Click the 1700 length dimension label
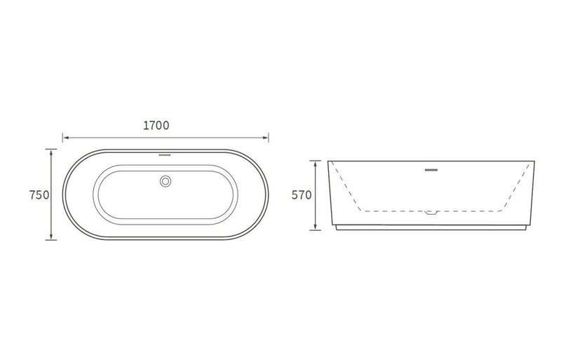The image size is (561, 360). point(156,126)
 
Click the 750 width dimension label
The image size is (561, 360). point(39,195)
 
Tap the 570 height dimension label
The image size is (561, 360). point(302,195)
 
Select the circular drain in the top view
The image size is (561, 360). point(165,181)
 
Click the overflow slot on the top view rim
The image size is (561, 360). point(165,155)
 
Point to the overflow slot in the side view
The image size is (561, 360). point(431,170)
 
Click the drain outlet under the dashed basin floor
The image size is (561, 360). point(431,213)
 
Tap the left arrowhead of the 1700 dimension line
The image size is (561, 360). point(66,138)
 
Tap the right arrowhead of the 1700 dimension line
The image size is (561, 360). point(265,138)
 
